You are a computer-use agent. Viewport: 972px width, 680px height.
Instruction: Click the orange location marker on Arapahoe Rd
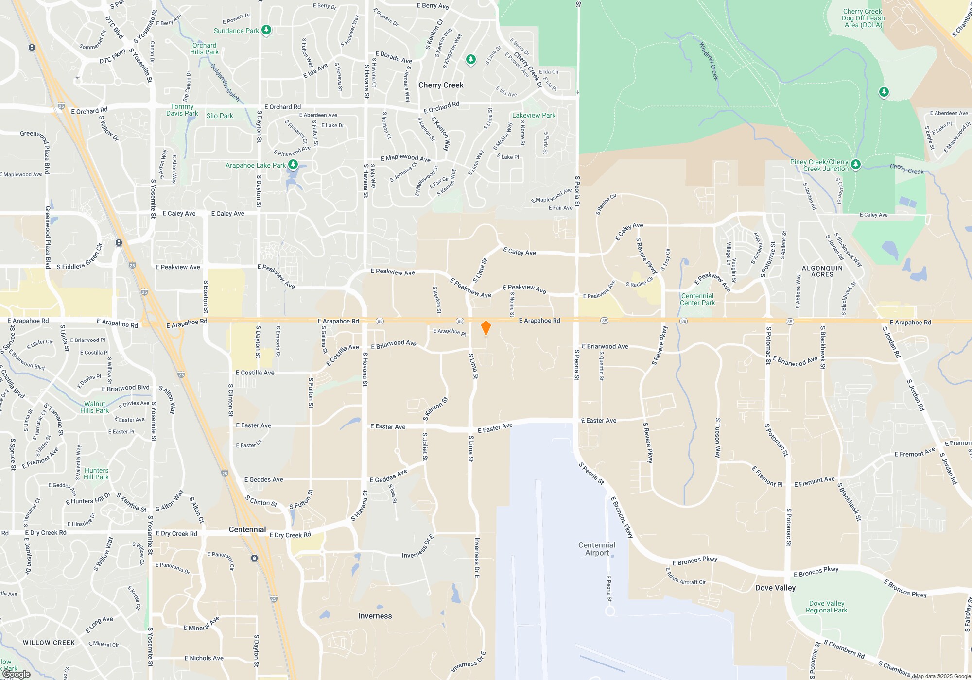(x=486, y=328)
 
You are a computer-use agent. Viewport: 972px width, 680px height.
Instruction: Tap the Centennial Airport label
(x=597, y=549)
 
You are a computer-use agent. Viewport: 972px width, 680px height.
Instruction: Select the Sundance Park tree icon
(x=266, y=30)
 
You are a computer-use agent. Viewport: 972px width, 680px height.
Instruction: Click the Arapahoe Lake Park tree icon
(x=293, y=165)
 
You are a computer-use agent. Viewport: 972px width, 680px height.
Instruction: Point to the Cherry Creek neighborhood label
(x=441, y=85)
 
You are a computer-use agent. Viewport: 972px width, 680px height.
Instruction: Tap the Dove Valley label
(x=775, y=588)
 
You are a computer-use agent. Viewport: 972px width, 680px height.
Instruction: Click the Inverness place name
(x=375, y=616)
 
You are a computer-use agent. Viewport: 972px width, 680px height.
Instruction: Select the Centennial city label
(x=247, y=529)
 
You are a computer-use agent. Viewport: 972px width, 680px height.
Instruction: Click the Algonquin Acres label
(x=822, y=271)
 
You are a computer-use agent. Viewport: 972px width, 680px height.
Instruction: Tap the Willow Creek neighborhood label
(x=49, y=643)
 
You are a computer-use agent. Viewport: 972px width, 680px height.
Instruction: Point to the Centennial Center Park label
(x=697, y=299)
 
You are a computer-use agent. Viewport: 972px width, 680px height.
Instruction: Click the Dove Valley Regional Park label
(x=826, y=607)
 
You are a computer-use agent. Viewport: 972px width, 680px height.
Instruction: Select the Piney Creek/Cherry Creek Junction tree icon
(x=856, y=165)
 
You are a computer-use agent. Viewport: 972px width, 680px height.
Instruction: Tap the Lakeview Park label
(x=534, y=115)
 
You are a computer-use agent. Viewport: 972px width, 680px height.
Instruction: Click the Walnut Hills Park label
(x=94, y=407)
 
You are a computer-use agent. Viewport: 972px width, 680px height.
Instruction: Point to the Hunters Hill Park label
(x=96, y=474)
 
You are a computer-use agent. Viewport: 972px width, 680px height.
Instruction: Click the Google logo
(x=17, y=674)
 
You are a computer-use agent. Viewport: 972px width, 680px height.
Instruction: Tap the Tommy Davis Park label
(x=182, y=110)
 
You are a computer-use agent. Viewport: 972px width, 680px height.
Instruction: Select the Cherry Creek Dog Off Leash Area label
(x=863, y=18)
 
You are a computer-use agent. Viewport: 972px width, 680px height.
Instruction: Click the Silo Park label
(x=220, y=116)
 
